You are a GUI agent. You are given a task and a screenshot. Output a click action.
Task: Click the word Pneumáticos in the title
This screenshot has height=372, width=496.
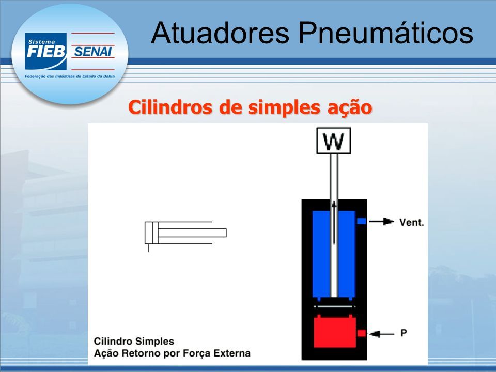(385, 33)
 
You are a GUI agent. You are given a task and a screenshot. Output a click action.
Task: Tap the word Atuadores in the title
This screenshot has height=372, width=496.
(220, 33)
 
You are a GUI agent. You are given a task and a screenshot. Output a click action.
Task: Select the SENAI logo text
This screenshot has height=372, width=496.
(93, 52)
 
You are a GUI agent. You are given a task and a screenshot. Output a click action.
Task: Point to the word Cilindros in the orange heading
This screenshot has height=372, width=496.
(170, 107)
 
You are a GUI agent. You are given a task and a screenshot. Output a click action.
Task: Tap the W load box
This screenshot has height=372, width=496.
(334, 141)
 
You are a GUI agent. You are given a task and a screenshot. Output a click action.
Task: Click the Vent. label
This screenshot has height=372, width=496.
(411, 222)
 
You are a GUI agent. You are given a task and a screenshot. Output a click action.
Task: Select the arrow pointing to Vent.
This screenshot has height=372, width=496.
(381, 222)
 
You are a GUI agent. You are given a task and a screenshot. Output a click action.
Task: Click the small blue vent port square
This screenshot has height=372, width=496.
(361, 221)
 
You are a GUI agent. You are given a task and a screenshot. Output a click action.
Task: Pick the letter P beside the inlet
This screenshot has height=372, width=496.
(404, 333)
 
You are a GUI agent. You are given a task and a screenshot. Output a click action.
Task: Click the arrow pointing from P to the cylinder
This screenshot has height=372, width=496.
(382, 334)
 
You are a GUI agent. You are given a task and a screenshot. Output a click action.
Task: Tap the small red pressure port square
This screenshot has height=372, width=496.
(361, 333)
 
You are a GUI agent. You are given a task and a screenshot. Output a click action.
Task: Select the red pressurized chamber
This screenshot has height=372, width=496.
(335, 332)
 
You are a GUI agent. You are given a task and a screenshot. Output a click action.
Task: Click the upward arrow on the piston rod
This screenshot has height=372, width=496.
(334, 223)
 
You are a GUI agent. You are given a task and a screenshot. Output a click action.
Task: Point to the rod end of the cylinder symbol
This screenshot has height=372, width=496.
(226, 233)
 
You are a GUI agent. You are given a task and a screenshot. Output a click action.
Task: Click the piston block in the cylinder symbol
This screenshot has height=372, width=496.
(155, 233)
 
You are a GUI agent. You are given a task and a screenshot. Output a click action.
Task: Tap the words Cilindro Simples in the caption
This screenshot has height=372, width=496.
(134, 342)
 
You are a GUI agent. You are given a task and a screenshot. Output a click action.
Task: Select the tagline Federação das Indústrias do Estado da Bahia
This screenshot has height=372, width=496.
(70, 76)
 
